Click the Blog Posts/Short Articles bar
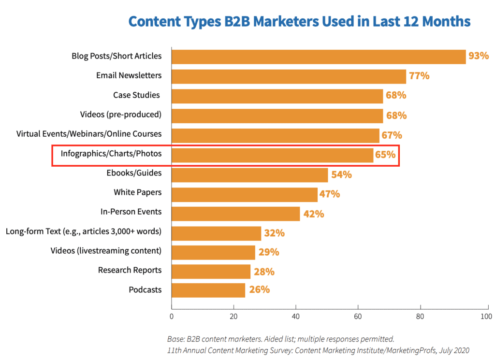click(x=318, y=57)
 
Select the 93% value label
click(x=479, y=56)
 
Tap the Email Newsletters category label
click(x=129, y=75)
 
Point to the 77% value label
click(x=419, y=76)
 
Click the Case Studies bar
click(x=277, y=96)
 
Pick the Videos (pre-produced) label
click(x=120, y=115)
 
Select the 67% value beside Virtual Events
click(x=392, y=135)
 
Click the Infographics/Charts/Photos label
click(x=111, y=154)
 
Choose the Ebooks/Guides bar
click(x=249, y=174)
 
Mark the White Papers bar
click(x=244, y=194)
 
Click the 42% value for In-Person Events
click(x=313, y=214)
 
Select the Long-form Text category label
click(x=83, y=231)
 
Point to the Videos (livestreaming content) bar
click(x=213, y=252)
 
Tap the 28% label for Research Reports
click(x=264, y=272)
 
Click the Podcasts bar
click(x=208, y=290)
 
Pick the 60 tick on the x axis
click(x=358, y=317)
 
